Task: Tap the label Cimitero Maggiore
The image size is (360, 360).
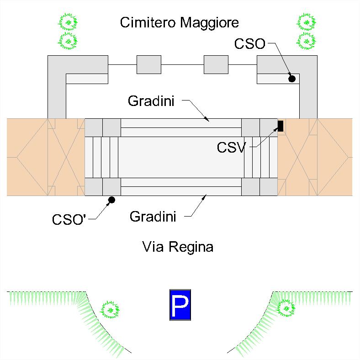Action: click(179, 22)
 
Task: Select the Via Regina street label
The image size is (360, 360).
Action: click(178, 247)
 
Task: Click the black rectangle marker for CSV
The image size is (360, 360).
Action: click(281, 126)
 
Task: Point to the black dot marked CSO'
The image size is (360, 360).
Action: click(111, 200)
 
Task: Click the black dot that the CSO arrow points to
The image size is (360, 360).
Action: click(292, 79)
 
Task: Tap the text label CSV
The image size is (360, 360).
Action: click(232, 148)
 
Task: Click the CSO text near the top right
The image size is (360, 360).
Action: click(249, 44)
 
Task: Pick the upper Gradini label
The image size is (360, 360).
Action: click(151, 101)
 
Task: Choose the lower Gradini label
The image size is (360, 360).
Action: click(153, 217)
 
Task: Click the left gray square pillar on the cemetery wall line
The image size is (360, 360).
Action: click(149, 64)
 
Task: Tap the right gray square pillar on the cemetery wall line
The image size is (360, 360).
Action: click(216, 64)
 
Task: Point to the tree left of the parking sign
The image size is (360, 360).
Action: click(110, 310)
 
